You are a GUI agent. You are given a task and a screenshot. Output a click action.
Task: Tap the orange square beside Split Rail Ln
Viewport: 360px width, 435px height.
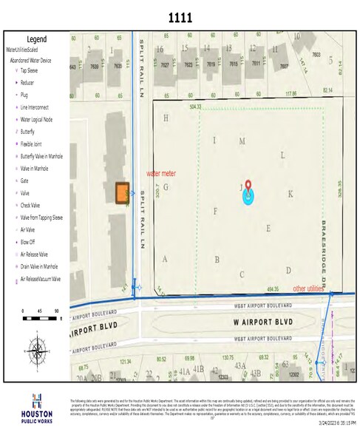tap(122, 192)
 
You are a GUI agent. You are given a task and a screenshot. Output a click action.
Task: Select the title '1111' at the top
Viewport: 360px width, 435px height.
tap(180, 16)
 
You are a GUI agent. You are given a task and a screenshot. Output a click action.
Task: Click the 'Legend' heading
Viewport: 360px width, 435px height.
tap(36, 39)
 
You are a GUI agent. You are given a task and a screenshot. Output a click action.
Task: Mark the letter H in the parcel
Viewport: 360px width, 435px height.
tap(166, 118)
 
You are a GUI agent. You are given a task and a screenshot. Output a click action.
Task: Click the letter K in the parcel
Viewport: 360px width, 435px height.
tap(291, 194)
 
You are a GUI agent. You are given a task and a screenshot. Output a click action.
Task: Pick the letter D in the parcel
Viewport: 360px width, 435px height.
tap(288, 270)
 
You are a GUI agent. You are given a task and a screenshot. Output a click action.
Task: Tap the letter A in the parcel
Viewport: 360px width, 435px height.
tap(165, 259)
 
